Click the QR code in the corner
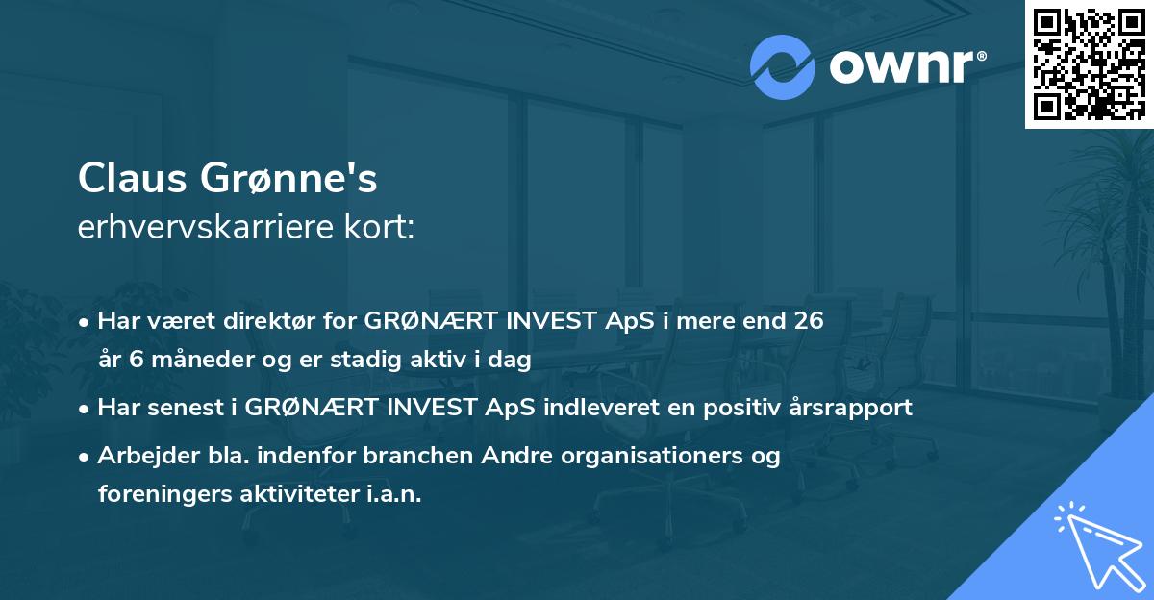(1089, 63)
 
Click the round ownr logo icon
(783, 67)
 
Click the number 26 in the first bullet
(808, 320)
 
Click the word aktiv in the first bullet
(440, 360)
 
